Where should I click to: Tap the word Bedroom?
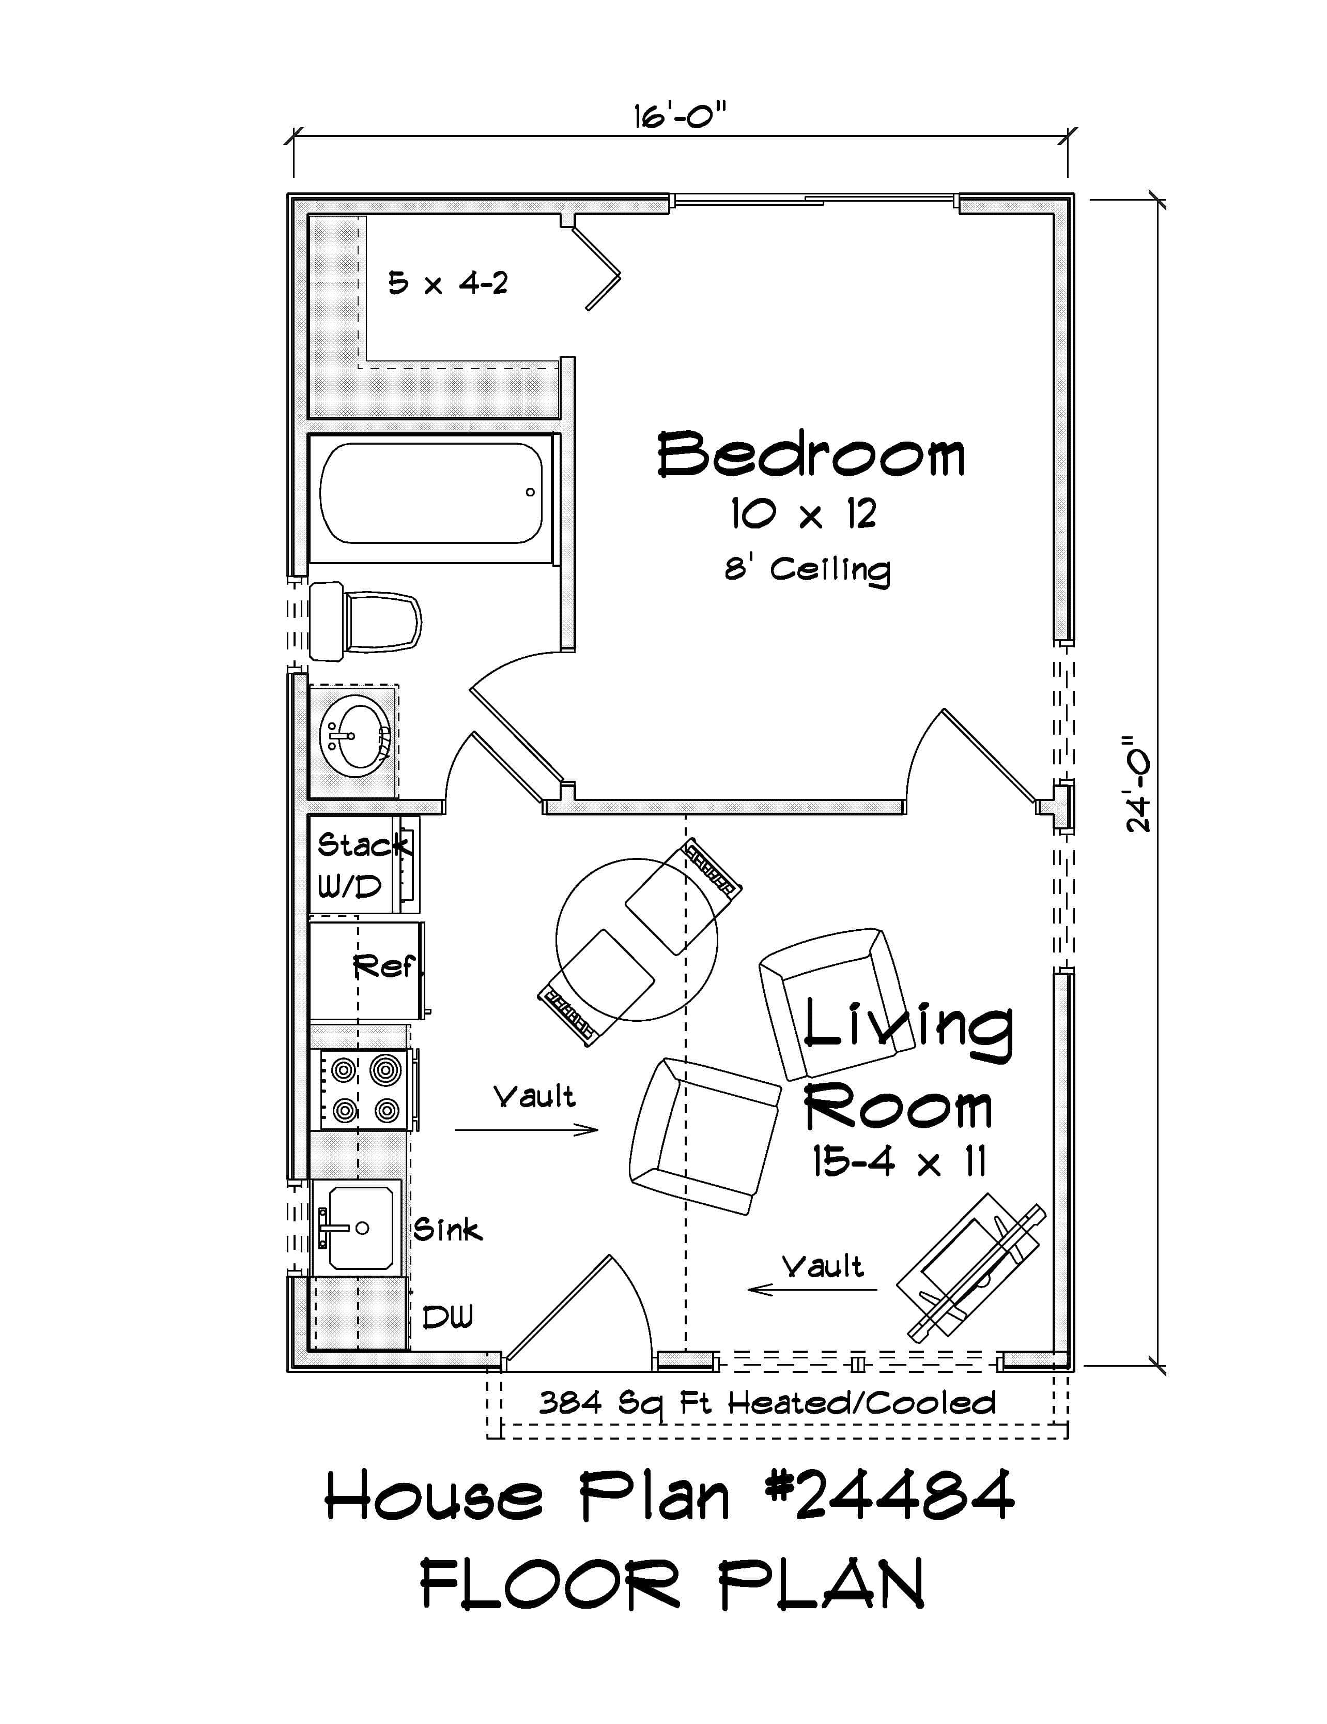coord(810,456)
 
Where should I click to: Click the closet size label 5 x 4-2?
coord(448,283)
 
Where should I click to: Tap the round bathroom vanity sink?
coord(354,736)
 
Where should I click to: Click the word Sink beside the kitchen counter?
coord(448,1229)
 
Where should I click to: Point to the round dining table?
coord(637,940)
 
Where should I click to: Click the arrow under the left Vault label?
coord(526,1130)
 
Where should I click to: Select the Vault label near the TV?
coord(822,1266)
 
